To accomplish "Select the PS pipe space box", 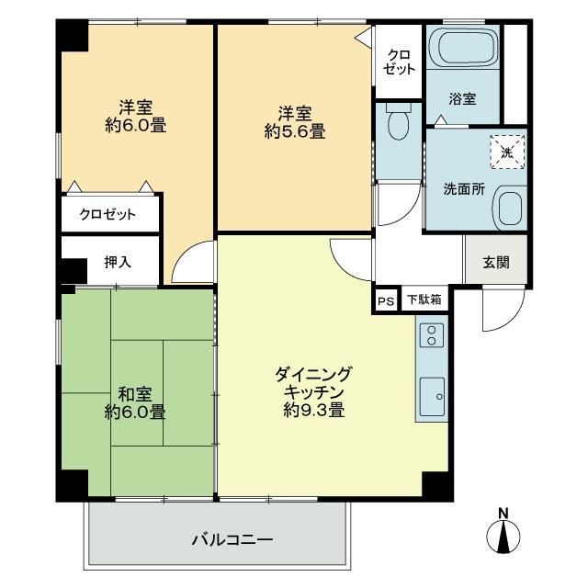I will tap(384, 300).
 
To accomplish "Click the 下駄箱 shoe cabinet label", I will tap(424, 300).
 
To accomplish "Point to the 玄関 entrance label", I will tap(496, 261).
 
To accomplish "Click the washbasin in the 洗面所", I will tap(507, 208).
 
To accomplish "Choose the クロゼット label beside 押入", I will tap(107, 215).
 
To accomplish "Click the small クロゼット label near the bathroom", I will tap(400, 62).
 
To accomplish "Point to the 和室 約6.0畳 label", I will tap(134, 402).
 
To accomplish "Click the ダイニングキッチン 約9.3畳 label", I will tap(313, 391).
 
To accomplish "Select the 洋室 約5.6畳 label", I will tap(294, 122).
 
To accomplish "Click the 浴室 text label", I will tap(462, 99).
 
